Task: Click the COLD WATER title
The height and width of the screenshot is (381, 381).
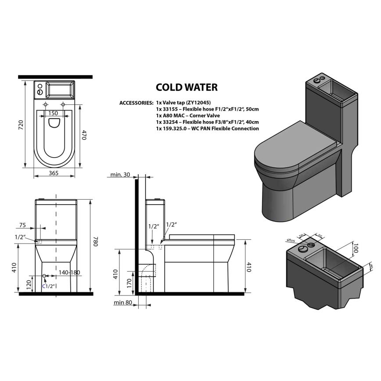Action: coord(187,87)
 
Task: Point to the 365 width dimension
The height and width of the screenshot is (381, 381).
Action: coord(54,173)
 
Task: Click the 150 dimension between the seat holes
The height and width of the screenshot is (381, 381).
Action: coord(53,113)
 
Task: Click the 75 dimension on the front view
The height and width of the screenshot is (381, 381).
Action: coord(23,225)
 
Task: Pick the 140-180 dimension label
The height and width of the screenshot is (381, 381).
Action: coord(69,273)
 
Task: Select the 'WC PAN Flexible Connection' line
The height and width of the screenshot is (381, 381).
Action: coord(207,128)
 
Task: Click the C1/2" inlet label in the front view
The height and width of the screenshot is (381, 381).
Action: coord(48,286)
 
